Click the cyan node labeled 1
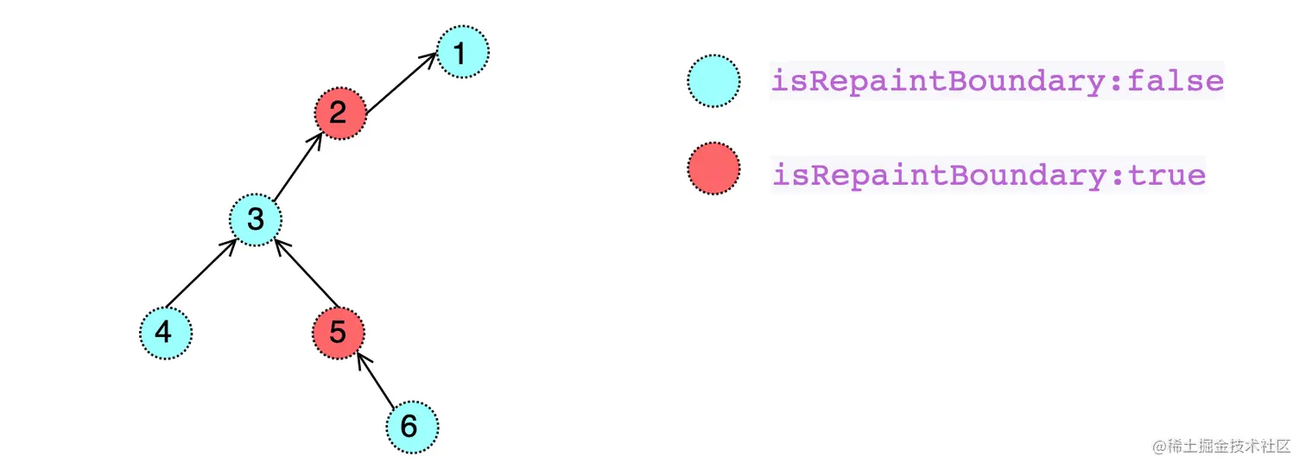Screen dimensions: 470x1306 click(462, 53)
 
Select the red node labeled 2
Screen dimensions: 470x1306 click(339, 113)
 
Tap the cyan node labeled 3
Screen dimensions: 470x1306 click(256, 219)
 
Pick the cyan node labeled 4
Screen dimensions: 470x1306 click(165, 333)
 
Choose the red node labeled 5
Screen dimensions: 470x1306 click(338, 333)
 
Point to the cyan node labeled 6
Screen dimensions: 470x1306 click(411, 426)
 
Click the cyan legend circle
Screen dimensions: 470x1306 click(713, 81)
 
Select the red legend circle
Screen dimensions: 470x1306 click(713, 169)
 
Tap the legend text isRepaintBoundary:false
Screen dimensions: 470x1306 click(997, 81)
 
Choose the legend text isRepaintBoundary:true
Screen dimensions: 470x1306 click(989, 175)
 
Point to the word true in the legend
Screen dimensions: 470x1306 click(1168, 175)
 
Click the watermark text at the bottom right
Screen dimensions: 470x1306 click(1219, 447)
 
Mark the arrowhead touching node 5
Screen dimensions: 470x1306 click(361, 357)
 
